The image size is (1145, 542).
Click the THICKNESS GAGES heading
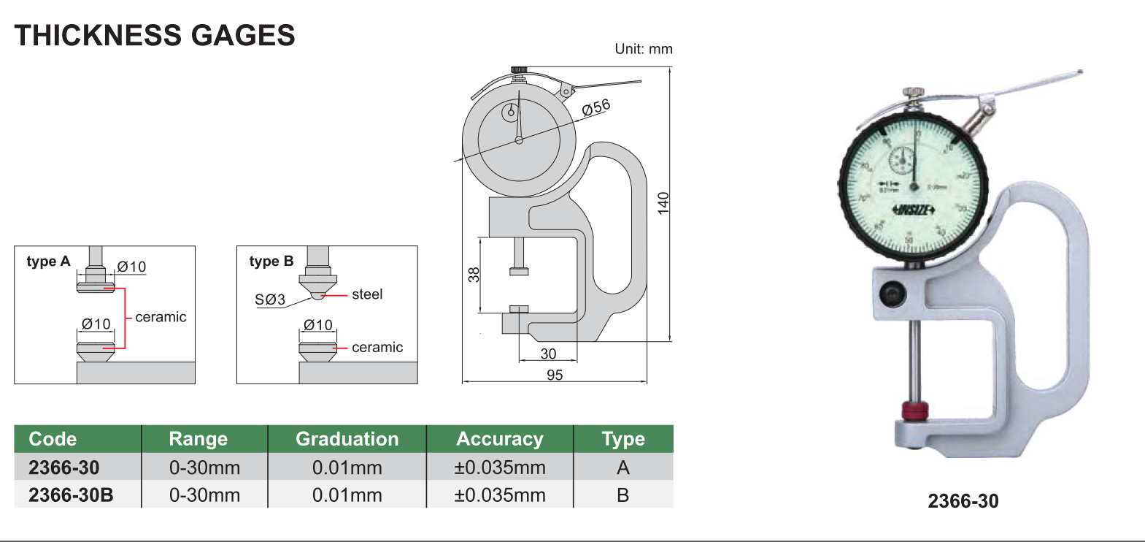coord(155,35)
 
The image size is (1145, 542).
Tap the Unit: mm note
coord(643,49)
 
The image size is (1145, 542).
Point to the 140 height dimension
coord(663,202)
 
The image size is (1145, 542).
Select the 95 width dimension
coord(555,375)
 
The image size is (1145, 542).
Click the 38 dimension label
coord(474,275)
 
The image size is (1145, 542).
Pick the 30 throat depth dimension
coord(548,354)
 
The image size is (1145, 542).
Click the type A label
coord(48,262)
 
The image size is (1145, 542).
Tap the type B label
coord(271,262)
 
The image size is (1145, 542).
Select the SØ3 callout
coord(270,299)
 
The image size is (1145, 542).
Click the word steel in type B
coord(367,294)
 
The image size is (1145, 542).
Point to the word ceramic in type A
coord(161,317)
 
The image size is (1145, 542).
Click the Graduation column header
coord(347,439)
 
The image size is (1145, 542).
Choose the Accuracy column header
coord(500,439)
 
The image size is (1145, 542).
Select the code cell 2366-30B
coord(71,495)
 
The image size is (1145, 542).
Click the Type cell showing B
coord(622,495)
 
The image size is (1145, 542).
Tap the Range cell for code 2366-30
coord(204,467)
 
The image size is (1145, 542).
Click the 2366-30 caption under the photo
coord(963,501)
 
